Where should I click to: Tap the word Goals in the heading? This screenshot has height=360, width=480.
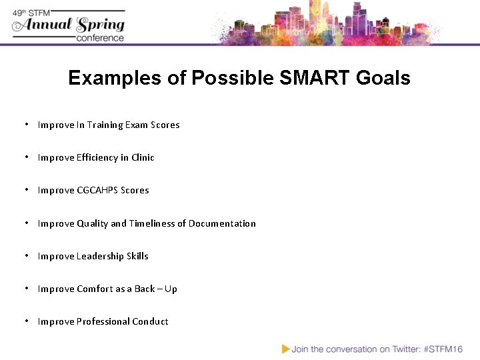point(383,79)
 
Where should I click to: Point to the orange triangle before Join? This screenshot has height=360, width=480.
point(286,349)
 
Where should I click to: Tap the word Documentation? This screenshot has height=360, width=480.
point(222,224)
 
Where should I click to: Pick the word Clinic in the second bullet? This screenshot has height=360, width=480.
point(143,158)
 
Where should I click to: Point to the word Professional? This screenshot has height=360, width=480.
point(103,322)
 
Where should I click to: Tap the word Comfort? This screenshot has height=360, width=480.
point(95,289)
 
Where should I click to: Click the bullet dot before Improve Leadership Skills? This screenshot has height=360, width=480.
point(25,256)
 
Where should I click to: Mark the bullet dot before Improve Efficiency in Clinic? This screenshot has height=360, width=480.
point(25,157)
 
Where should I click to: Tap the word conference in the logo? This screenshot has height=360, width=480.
point(100,38)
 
